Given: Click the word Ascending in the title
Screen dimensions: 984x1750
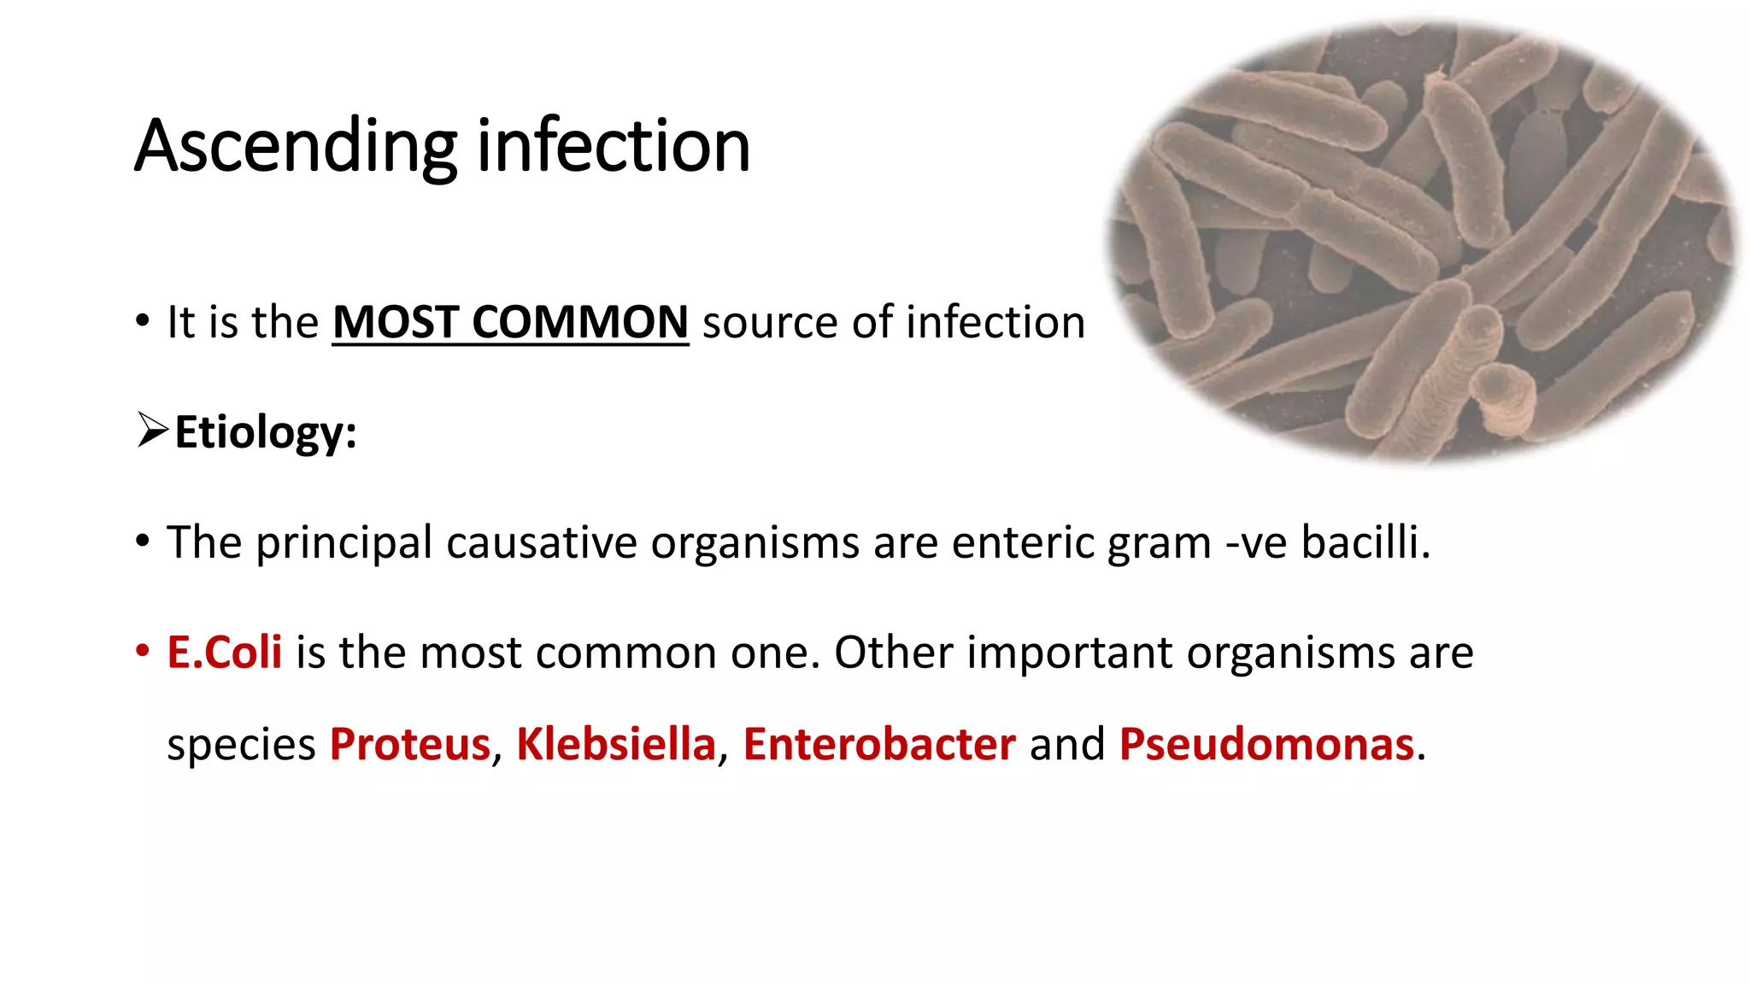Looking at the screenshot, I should click(296, 147).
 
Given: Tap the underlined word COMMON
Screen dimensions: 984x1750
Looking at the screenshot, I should click(580, 323).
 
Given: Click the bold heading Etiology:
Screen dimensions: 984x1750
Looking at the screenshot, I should click(266, 432).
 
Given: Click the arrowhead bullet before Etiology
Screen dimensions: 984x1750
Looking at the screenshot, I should click(152, 430).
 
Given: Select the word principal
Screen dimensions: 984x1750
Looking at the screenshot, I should click(344, 543).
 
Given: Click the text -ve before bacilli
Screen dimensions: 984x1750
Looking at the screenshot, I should click(1256, 543).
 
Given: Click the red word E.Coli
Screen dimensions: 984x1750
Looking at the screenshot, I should click(225, 653).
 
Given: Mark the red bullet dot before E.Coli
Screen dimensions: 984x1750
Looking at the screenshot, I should click(142, 652).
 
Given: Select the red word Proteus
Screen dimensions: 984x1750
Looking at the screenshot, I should click(410, 745).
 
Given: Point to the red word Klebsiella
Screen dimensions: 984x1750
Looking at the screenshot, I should click(616, 745).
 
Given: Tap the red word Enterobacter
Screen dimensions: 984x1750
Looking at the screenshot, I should click(879, 745).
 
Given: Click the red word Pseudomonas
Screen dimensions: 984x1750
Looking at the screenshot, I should click(1266, 745).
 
